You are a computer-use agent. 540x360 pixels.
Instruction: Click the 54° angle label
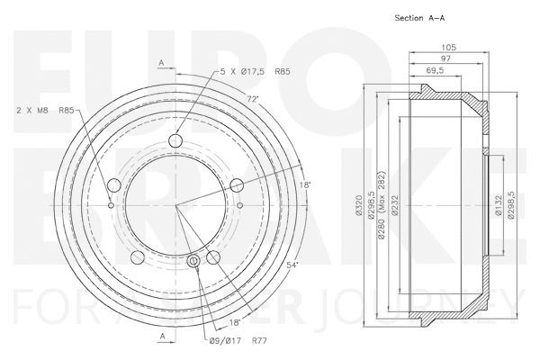(x=292, y=265)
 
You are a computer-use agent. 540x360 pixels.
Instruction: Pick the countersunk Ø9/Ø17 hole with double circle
(x=195, y=262)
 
